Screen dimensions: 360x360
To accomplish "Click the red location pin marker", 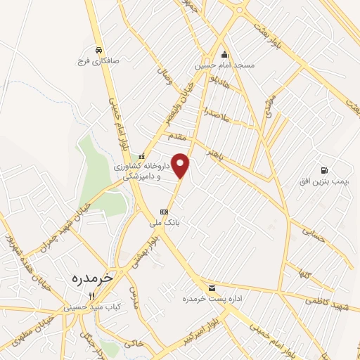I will pyautogui.click(x=181, y=165).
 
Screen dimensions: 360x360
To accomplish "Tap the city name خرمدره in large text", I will pyautogui.click(x=92, y=278).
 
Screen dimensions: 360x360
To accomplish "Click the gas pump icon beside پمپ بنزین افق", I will pyautogui.click(x=323, y=170).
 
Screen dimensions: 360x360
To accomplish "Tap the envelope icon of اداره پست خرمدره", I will pyautogui.click(x=212, y=289).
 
